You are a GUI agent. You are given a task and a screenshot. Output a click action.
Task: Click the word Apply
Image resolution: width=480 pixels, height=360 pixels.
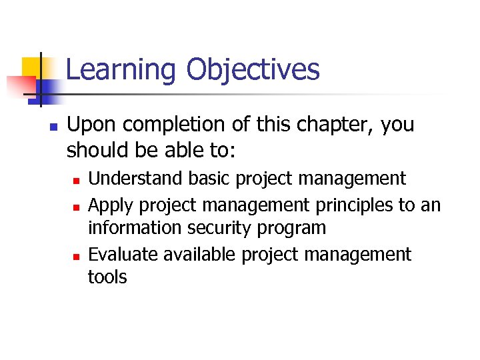click(109, 205)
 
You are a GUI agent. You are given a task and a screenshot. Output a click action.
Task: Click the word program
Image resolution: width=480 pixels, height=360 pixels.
click(293, 228)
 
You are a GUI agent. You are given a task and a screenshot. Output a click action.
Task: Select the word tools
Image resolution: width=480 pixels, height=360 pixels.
click(107, 277)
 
